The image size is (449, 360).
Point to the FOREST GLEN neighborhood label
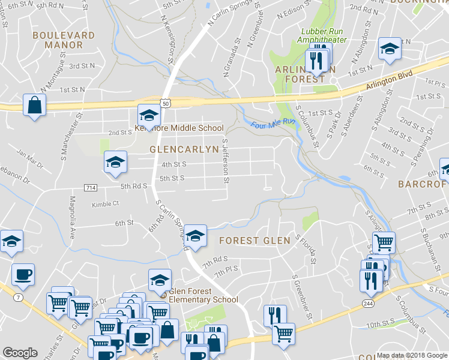tap(255, 241)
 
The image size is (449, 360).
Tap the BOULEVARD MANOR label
tap(64, 40)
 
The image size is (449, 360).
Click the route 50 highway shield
tap(166, 103)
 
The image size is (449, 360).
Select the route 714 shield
tap(91, 188)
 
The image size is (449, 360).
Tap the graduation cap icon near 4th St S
tap(116, 162)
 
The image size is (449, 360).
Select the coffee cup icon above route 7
tap(23, 275)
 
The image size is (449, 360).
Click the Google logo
tap(20, 353)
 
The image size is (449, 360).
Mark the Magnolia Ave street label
tap(73, 217)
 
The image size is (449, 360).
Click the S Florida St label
tap(306, 249)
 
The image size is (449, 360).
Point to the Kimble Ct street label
tap(105, 204)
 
